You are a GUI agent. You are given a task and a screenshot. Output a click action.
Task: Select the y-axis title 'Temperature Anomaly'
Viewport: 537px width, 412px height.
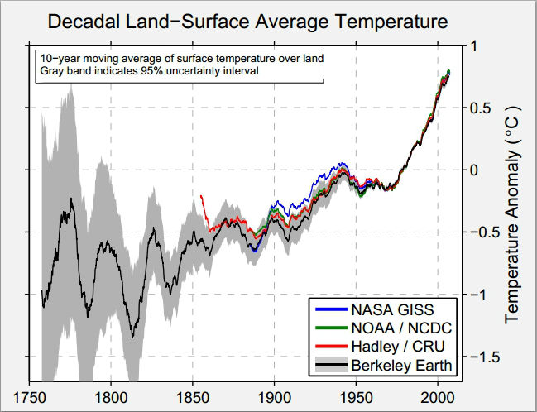coord(511,213)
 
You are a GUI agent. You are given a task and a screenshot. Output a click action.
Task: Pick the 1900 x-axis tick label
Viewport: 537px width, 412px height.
coord(274,396)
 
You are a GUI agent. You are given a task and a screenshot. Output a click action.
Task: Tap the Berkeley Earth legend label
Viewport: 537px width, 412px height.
coord(400,364)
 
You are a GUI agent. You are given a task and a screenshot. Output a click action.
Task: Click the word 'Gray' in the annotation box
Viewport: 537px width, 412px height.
coord(50,70)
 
